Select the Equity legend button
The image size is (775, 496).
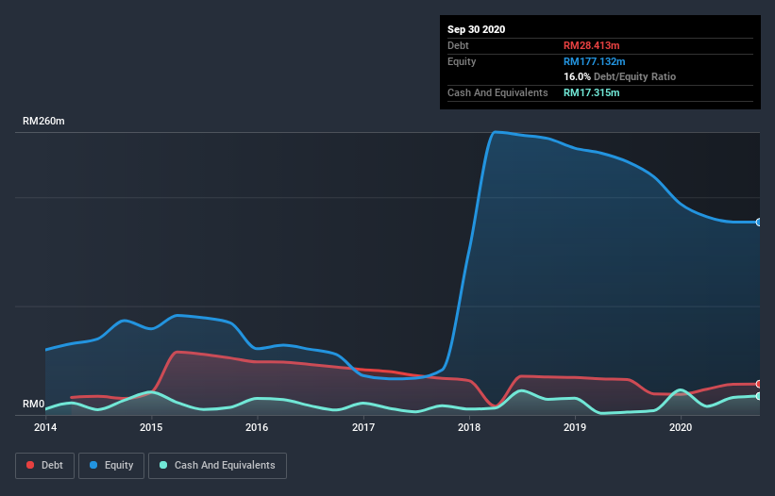[111, 465]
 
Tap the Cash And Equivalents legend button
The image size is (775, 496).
[217, 465]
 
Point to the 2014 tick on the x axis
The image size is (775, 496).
[45, 427]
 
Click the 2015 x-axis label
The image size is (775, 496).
[151, 427]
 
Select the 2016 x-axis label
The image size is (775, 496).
[257, 427]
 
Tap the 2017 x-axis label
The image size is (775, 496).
[363, 427]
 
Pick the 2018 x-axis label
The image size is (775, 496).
[469, 427]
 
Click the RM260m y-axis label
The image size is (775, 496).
[44, 122]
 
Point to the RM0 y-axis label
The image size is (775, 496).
[34, 405]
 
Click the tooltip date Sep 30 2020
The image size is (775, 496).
[477, 29]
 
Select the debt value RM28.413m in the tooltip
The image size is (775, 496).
[592, 45]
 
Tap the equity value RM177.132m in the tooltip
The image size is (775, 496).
[595, 61]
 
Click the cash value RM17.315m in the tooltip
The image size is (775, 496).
[592, 92]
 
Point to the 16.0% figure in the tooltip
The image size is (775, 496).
[577, 76]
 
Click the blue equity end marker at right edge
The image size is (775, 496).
[759, 223]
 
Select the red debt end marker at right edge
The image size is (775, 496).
[759, 384]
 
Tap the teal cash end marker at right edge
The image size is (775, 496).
[759, 396]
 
